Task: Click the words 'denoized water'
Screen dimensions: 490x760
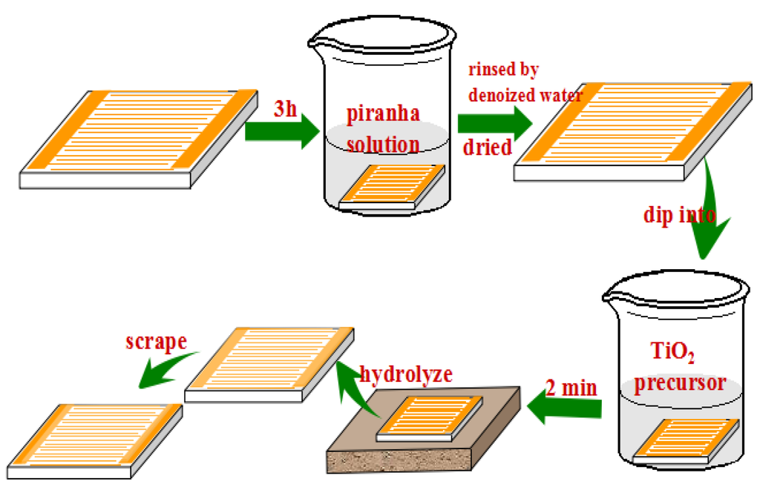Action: (x=525, y=95)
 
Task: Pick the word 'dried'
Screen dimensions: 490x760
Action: (x=488, y=147)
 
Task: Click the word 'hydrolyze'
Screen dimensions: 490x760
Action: (x=405, y=373)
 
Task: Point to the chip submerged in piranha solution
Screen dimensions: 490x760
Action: (x=392, y=186)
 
